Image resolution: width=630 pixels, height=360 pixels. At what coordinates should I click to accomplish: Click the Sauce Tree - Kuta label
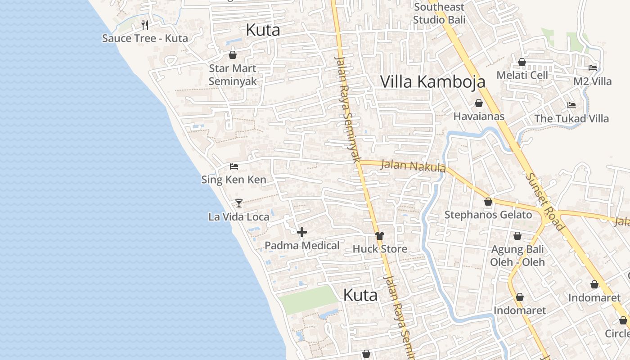145,38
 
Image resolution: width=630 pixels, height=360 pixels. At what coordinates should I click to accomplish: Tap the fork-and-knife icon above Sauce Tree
145,25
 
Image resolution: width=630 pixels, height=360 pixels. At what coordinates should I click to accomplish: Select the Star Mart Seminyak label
233,75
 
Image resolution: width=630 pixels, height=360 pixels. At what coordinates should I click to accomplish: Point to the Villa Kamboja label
432,81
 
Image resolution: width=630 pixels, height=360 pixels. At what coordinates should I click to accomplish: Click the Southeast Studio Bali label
439,13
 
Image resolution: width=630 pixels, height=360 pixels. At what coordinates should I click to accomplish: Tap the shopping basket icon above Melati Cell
522,62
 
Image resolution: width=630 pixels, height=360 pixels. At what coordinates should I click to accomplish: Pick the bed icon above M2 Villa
593,68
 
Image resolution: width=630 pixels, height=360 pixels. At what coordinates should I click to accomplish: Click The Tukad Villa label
571,119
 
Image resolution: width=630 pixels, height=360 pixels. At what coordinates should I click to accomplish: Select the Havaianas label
479,117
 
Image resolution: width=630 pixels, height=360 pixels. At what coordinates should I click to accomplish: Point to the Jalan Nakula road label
413,166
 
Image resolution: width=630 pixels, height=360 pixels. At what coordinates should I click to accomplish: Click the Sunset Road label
544,202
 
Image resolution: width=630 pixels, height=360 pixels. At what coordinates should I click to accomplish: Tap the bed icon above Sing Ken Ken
234,166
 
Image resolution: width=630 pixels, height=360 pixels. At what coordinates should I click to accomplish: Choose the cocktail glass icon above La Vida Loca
239,203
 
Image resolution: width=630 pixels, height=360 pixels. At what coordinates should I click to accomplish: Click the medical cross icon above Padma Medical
302,232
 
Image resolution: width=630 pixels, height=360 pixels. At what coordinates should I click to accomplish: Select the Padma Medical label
302,246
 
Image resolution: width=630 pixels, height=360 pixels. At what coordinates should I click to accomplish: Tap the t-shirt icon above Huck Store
380,236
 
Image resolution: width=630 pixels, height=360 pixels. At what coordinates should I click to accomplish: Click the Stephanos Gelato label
488,215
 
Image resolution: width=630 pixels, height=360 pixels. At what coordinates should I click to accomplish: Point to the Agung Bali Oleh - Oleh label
517,256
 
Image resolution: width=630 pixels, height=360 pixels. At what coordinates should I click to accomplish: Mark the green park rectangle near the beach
308,299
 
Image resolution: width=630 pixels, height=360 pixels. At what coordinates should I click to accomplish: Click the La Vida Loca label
239,217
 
